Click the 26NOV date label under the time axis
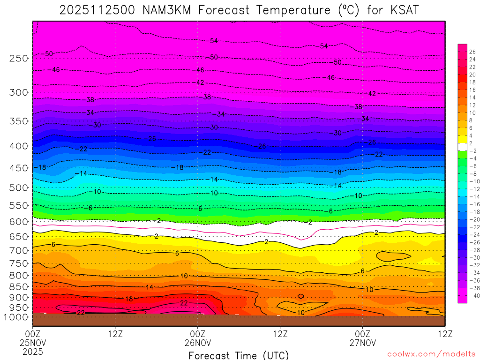[198, 342]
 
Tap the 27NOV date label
[363, 342]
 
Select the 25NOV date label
[33, 342]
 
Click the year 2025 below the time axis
[33, 351]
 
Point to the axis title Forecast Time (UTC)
[239, 355]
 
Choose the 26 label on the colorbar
[472, 52]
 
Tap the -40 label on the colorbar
[472, 295]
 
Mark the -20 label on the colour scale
[472, 219]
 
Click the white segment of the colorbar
[462, 147]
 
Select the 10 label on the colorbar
[472, 112]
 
